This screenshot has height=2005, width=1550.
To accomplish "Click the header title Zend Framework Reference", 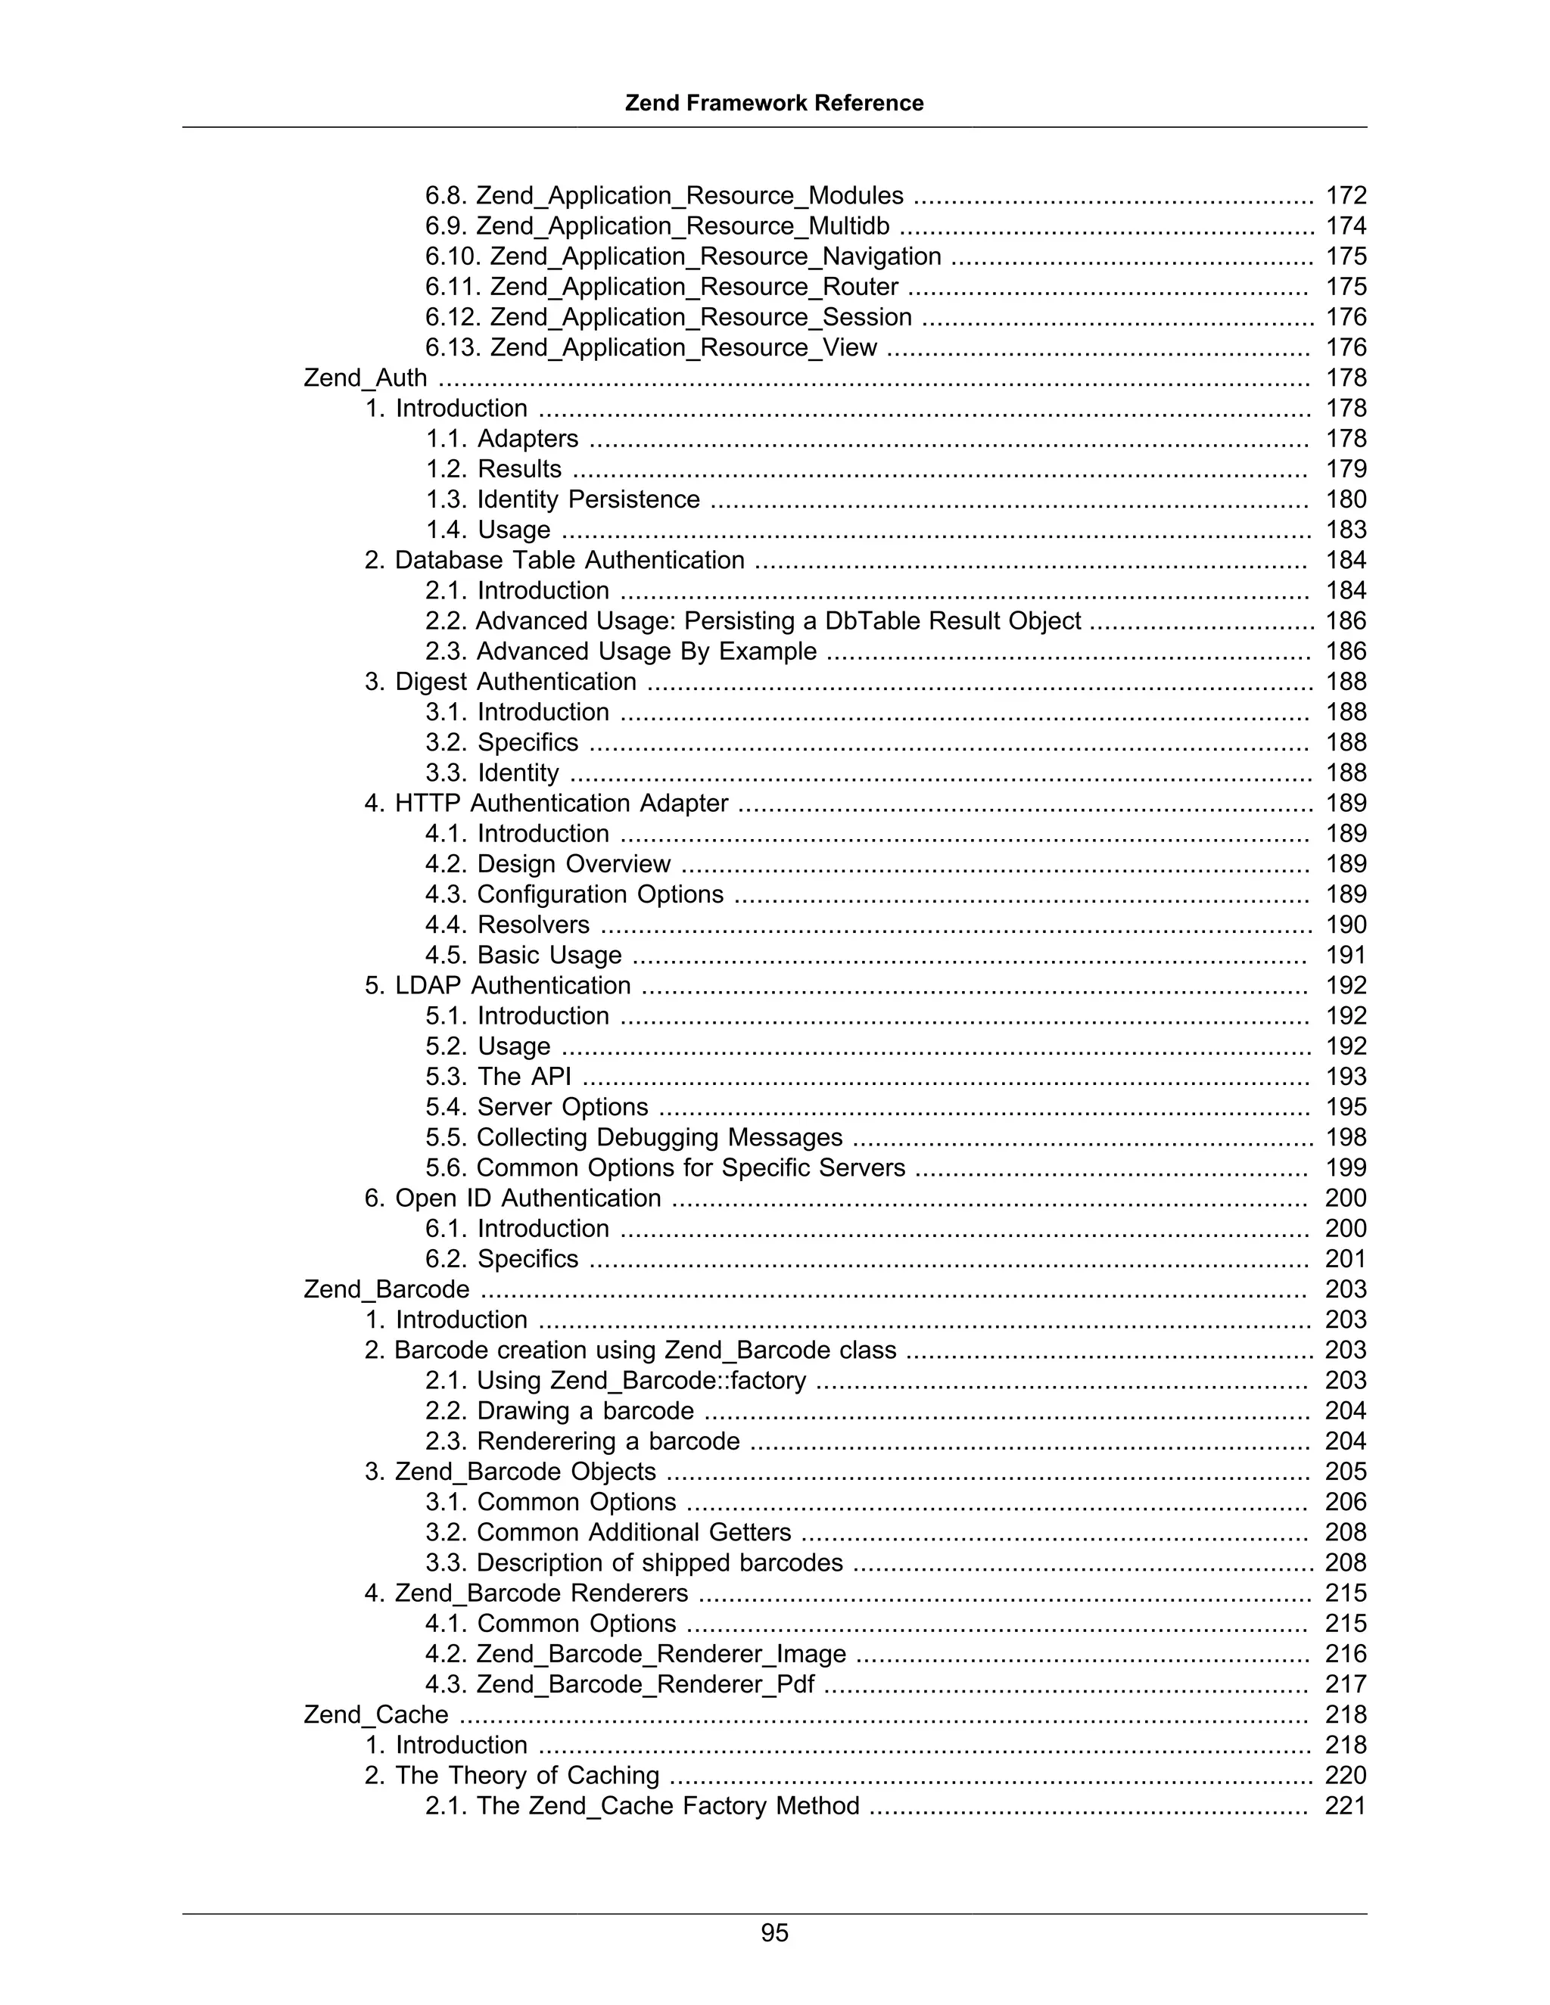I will [774, 103].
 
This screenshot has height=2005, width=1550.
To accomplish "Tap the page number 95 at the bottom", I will [774, 1932].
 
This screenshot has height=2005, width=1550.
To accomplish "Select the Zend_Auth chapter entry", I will [366, 378].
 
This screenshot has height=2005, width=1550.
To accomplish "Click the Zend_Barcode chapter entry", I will [387, 1289].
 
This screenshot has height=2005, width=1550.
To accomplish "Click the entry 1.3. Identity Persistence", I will [562, 499].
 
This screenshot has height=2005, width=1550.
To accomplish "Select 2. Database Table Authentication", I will [555, 560].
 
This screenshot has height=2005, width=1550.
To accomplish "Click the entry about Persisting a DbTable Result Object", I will [753, 620].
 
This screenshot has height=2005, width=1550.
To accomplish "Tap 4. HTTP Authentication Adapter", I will [546, 804].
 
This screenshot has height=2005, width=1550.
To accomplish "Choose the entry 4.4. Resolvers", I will [508, 925].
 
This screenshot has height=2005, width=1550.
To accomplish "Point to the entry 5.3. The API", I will [498, 1076].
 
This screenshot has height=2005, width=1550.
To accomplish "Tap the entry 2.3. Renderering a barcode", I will [582, 1441].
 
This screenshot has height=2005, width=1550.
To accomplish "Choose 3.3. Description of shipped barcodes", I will [633, 1562].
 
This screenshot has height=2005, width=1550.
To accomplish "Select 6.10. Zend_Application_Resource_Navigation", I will [683, 256].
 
